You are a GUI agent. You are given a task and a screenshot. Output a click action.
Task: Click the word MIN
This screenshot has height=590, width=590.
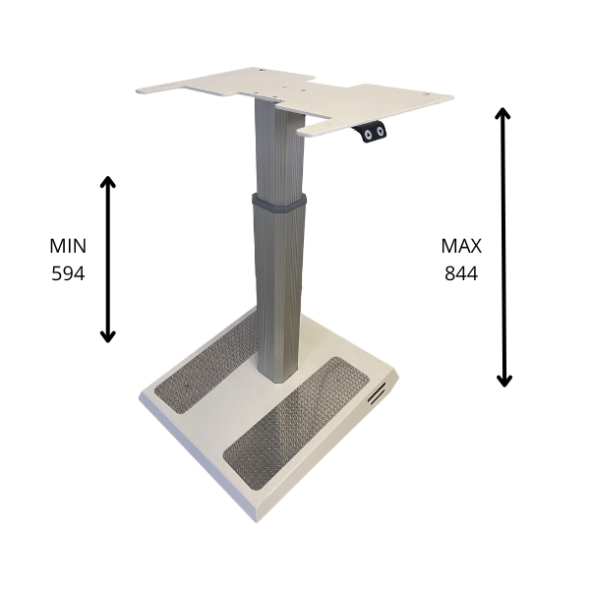point(68,246)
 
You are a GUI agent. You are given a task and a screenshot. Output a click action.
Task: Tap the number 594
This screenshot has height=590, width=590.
point(68,273)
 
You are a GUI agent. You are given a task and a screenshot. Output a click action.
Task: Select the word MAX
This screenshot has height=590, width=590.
point(461,246)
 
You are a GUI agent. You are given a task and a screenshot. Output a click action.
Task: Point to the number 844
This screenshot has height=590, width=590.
point(461,273)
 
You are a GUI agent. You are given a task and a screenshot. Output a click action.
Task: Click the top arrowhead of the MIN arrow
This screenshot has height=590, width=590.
point(107,181)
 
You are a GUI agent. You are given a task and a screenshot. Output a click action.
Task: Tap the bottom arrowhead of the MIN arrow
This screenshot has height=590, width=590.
point(107,337)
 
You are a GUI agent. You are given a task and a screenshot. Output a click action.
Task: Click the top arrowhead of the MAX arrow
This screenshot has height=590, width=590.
point(502,112)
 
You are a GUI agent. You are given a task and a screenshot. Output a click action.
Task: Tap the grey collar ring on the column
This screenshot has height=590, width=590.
point(279,204)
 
